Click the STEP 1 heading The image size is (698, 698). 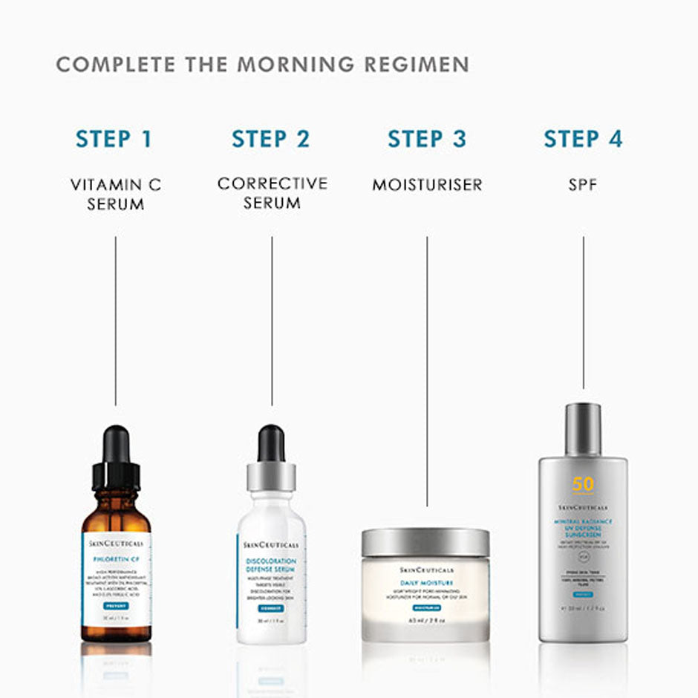pyautogui.click(x=114, y=139)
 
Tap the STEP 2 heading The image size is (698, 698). pyautogui.click(x=270, y=139)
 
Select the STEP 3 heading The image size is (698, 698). pyautogui.click(x=427, y=139)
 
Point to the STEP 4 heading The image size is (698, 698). pyautogui.click(x=583, y=139)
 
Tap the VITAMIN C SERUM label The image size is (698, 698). pyautogui.click(x=116, y=195)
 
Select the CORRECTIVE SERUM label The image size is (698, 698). pyautogui.click(x=272, y=192)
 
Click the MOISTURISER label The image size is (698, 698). pyautogui.click(x=427, y=185)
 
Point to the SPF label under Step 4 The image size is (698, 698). pyautogui.click(x=583, y=185)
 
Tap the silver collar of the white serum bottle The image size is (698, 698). pyautogui.click(x=271, y=476)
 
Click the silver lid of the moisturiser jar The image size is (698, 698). pyautogui.click(x=425, y=543)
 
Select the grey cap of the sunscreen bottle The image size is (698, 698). pyautogui.click(x=583, y=428)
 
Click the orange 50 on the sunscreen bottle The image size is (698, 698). pyautogui.click(x=583, y=484)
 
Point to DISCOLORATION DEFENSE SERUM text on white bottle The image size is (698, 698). pyautogui.click(x=271, y=566)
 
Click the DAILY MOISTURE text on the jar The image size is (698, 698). pyautogui.click(x=426, y=584)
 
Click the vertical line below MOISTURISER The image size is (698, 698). pyautogui.click(x=427, y=371)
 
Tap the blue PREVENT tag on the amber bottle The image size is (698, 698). pyautogui.click(x=116, y=606)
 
